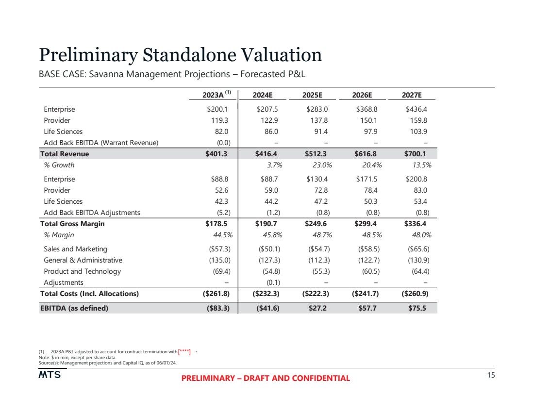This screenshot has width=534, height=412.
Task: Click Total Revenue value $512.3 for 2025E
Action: coord(317,154)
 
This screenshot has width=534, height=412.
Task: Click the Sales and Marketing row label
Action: coord(75,249)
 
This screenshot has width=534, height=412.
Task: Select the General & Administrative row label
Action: coord(83,260)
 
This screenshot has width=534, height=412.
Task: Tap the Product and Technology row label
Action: coord(82,271)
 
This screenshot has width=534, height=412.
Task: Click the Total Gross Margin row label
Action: coord(72,224)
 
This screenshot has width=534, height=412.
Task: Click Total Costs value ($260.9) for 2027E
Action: coord(414,294)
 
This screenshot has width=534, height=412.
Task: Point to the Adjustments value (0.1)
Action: coord(271,282)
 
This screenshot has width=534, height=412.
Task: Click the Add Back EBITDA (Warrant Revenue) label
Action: coord(101,143)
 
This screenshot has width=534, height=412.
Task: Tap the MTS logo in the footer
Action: coord(50,375)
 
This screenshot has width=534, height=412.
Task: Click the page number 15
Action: coord(491,375)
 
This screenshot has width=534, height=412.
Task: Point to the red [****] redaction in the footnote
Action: coord(184,351)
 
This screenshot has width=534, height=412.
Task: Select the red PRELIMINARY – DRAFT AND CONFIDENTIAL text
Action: coord(266,379)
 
